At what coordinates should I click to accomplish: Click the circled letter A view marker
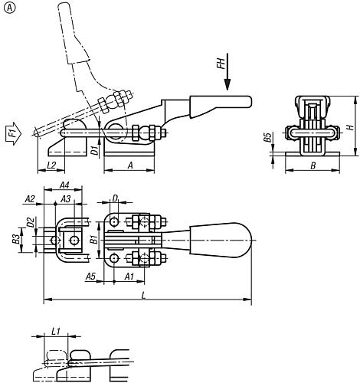[8, 8]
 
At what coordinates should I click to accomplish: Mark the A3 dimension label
[66, 220]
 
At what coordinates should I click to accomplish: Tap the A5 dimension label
[90, 275]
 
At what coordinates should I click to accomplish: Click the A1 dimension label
[129, 275]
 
